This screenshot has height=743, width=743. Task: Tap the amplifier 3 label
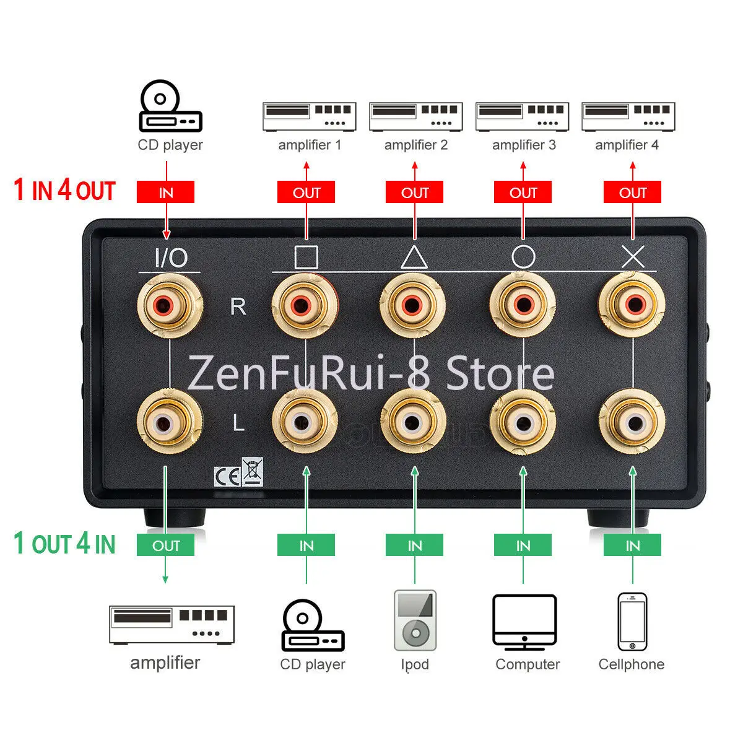coord(524,145)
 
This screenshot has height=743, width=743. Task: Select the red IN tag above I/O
coord(165,193)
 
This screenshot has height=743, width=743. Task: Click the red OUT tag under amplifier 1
coord(306,193)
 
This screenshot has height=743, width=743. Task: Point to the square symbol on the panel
coord(306,257)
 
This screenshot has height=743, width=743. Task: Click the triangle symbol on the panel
coord(414,256)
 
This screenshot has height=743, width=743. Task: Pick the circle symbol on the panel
coord(523,256)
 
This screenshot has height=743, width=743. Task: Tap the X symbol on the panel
coord(633,256)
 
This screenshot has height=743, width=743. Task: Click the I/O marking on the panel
coord(170,258)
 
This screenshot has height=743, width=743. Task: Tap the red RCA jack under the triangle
coord(412,305)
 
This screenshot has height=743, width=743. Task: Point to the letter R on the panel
coord(238,306)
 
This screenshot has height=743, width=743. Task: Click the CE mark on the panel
coord(227,476)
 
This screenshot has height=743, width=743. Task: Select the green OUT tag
coord(165,545)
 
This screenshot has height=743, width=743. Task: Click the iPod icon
coord(415,620)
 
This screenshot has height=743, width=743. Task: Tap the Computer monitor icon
coord(524,622)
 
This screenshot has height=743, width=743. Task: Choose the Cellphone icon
coord(632,622)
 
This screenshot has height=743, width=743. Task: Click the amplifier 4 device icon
coord(628,116)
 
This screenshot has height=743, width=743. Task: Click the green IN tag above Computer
coord(523,545)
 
